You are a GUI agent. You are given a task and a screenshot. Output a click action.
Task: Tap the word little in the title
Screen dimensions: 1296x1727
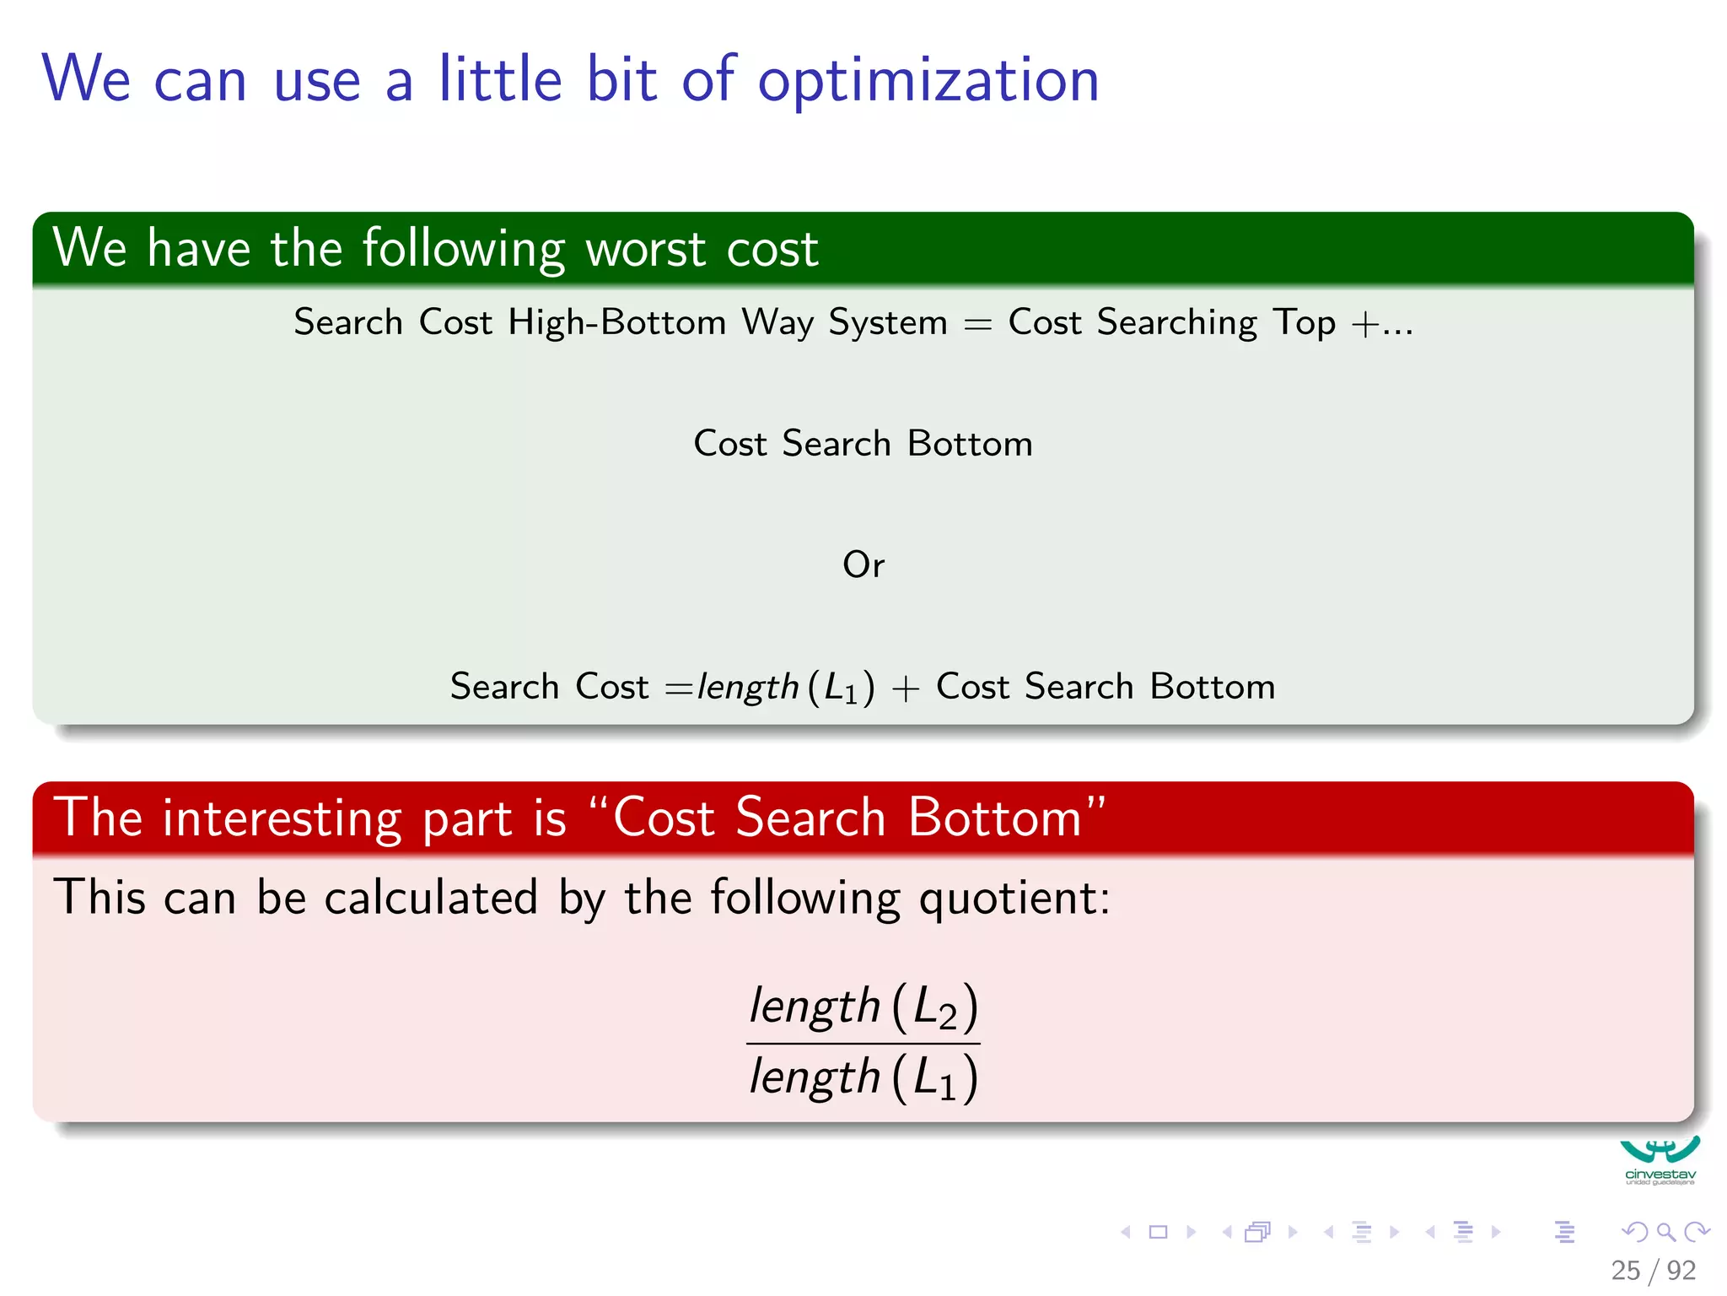coord(499,79)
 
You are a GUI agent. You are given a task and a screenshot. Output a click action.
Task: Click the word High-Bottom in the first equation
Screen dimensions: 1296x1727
coord(616,322)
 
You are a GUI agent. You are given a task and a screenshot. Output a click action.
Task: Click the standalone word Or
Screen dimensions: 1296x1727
coord(863,564)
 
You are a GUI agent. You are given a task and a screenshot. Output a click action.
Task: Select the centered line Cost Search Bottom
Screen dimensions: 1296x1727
coord(863,444)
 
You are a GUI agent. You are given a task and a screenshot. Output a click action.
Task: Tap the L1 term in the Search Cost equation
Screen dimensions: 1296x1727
coord(841,688)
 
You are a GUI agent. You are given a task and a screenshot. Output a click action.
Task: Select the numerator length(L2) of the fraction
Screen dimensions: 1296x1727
coord(863,1007)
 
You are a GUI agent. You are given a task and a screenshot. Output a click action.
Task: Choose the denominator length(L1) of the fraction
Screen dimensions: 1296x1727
coord(863,1078)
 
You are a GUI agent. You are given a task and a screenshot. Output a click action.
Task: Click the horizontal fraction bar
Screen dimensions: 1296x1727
coord(863,1044)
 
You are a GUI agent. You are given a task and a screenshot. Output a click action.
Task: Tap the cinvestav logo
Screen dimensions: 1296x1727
coord(1660,1161)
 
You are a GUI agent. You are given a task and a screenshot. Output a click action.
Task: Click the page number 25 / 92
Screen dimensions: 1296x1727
coord(1653,1271)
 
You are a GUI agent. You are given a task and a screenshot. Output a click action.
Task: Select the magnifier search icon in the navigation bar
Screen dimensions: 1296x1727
coord(1665,1232)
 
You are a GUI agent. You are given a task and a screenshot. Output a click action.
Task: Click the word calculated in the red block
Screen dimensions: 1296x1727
coord(431,897)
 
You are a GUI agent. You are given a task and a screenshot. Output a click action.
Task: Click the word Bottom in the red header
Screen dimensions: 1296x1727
coord(995,818)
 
